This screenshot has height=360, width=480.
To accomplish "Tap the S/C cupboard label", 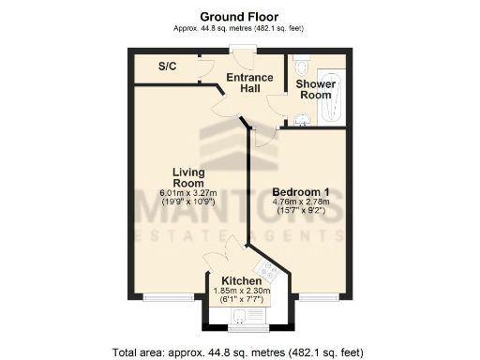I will pyautogui.click(x=168, y=67).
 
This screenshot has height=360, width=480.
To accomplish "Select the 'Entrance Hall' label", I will pyautogui.click(x=249, y=82).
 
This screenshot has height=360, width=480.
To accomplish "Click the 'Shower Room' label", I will pyautogui.click(x=316, y=89).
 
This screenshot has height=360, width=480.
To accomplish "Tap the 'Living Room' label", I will pyautogui.click(x=189, y=177).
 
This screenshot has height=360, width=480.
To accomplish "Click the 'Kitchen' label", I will pyautogui.click(x=241, y=280).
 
